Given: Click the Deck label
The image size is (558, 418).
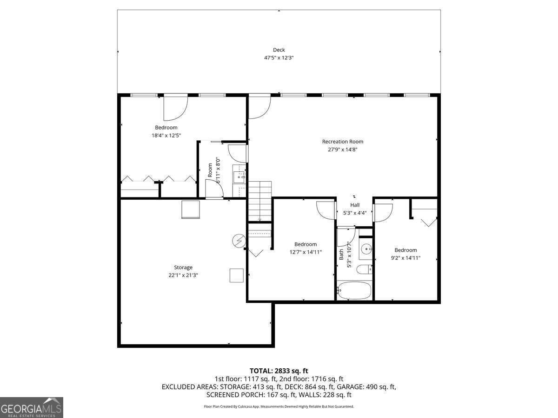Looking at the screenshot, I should (279, 50).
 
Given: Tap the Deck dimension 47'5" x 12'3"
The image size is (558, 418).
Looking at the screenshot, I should (279, 58).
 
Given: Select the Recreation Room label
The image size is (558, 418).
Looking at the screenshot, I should (343, 142).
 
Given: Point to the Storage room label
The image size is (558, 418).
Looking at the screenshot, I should (183, 268).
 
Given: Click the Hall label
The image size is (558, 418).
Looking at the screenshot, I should (355, 205).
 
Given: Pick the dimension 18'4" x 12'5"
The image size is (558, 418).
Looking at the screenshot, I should (166, 136).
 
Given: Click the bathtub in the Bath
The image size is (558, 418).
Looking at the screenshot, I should (354, 291).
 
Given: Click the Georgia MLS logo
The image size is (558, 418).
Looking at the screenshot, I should (32, 407).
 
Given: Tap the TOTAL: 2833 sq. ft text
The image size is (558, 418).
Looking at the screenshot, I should (279, 371).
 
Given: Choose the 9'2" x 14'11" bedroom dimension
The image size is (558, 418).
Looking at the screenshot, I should (405, 258).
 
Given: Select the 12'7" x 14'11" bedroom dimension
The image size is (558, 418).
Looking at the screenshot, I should (306, 252).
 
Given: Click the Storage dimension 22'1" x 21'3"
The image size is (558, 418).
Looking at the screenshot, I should (183, 275).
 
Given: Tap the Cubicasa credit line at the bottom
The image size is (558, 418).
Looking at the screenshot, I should (279, 406).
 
